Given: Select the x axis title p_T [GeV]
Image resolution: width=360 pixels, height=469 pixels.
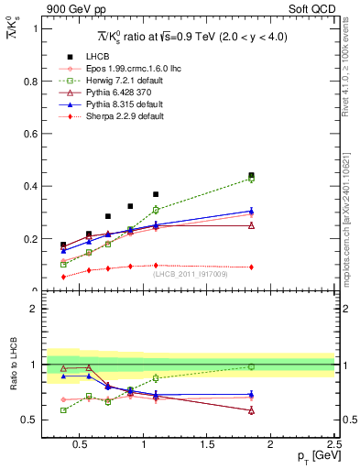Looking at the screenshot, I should pos(313,456).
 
